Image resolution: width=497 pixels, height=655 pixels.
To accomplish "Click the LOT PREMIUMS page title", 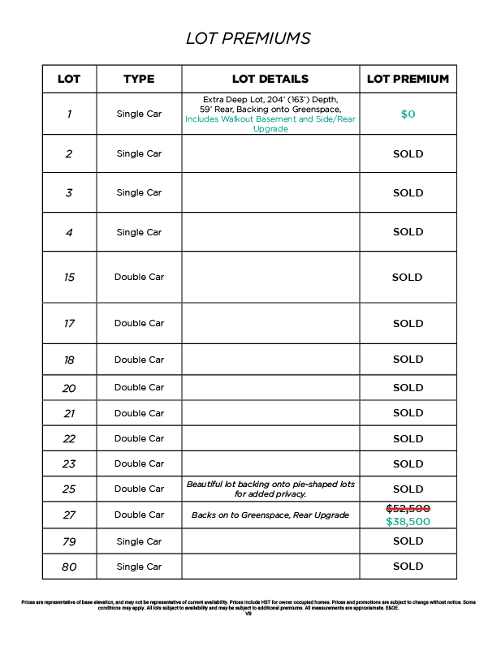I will (248, 38).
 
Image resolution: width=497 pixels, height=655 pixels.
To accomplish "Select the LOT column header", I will (69, 79).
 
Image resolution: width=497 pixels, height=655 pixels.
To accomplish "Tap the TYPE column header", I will (139, 79).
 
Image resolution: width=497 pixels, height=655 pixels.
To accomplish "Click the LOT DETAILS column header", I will (270, 79).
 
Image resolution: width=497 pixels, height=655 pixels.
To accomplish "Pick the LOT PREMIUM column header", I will (408, 79).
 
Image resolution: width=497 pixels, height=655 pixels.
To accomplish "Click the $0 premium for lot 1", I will (408, 114).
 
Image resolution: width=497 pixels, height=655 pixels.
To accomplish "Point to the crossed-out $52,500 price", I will (408, 508).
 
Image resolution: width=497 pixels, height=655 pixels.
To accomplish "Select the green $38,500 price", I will (408, 522).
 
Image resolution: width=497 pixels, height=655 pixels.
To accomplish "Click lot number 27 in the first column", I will (69, 515).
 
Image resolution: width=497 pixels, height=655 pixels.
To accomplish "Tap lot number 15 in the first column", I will (69, 278).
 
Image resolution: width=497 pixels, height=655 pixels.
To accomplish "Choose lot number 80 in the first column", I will (69, 567).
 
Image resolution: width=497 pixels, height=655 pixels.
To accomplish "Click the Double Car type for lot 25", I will (139, 489).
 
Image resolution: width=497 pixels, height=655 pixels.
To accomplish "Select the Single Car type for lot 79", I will (139, 541).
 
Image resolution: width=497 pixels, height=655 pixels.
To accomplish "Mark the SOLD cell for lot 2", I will (408, 153).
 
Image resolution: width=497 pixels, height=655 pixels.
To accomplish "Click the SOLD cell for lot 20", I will (408, 387).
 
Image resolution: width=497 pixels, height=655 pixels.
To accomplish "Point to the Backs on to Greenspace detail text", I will (270, 515).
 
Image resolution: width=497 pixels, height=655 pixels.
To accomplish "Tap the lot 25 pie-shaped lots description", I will (270, 489).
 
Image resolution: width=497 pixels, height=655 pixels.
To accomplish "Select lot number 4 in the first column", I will (69, 232).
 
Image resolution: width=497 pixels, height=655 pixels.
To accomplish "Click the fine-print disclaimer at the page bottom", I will (248, 605).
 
